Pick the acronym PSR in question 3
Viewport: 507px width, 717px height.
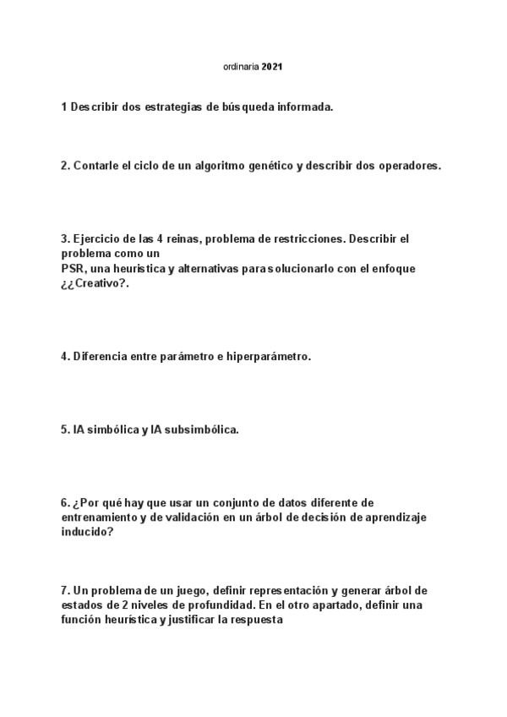(x=73, y=268)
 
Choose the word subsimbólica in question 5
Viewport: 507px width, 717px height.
(x=199, y=430)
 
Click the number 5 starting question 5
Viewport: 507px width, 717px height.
(x=64, y=430)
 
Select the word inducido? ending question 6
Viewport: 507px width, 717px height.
(x=88, y=532)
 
